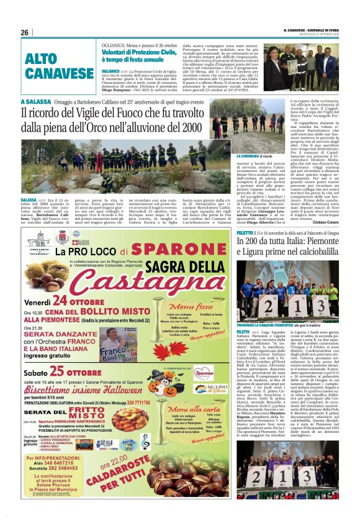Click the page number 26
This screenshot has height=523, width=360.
(25, 32)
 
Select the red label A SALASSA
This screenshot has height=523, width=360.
(35, 102)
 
